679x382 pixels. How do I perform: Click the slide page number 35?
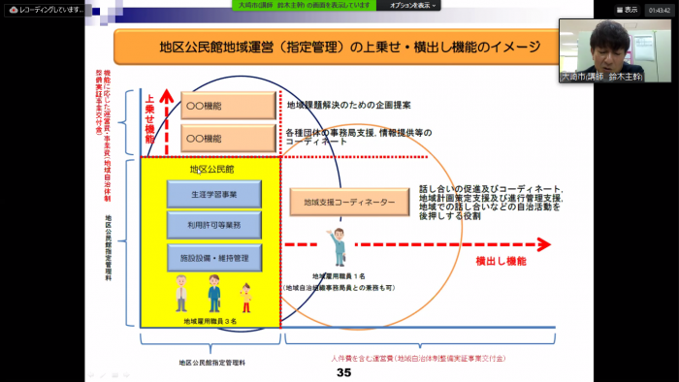point(342,372)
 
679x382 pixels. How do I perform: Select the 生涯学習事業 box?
point(213,194)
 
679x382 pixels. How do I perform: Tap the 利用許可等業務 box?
point(213,226)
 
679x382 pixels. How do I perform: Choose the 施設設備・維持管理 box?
point(213,259)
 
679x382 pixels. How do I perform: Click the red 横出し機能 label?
point(501,261)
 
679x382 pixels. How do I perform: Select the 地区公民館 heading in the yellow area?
point(211,169)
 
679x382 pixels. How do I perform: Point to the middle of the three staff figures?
point(213,292)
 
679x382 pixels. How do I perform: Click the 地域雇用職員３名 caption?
point(210,319)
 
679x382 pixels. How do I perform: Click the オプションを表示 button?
point(413,6)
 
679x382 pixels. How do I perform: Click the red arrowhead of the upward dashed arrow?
point(166,95)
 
